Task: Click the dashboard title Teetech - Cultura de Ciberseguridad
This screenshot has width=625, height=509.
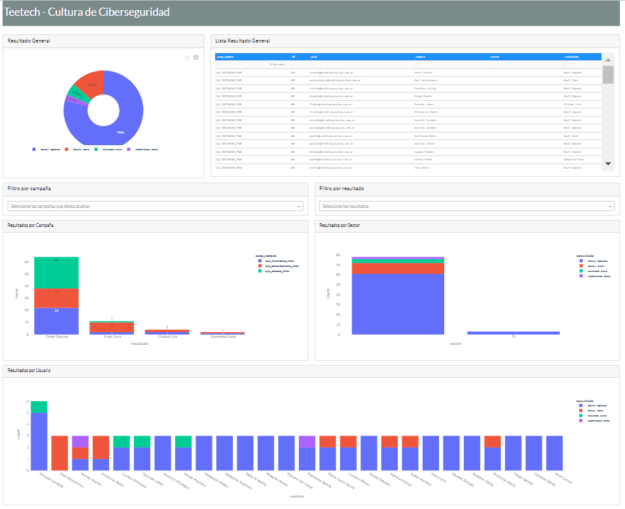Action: pyautogui.click(x=88, y=13)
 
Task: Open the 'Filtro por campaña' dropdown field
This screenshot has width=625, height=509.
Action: pyautogui.click(x=155, y=206)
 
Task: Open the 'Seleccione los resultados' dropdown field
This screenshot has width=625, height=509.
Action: pyautogui.click(x=467, y=206)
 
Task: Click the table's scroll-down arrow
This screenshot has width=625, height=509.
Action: pyautogui.click(x=608, y=164)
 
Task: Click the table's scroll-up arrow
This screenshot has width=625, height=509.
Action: pyautogui.click(x=608, y=60)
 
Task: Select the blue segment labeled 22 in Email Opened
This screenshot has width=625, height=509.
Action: pyautogui.click(x=56, y=321)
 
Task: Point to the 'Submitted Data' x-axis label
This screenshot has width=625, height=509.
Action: pyautogui.click(x=222, y=337)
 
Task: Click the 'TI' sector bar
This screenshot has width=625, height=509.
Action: pyautogui.click(x=513, y=333)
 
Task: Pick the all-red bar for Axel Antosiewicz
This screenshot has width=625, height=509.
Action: pyautogui.click(x=60, y=453)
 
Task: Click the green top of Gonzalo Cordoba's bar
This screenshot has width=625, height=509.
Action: pyautogui.click(x=39, y=407)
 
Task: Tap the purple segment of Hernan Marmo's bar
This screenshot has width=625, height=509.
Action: pyautogui.click(x=80, y=441)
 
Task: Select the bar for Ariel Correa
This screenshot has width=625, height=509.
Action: pyautogui.click(x=555, y=453)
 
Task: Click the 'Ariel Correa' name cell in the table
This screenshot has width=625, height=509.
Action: pyautogui.click(x=423, y=72)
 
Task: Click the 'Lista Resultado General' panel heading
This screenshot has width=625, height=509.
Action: pyautogui.click(x=242, y=41)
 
